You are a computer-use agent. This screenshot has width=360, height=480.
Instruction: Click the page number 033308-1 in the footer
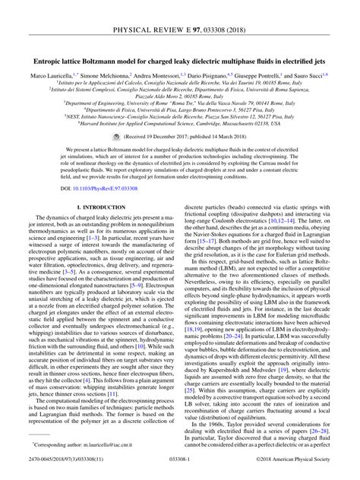pos(180,472)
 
